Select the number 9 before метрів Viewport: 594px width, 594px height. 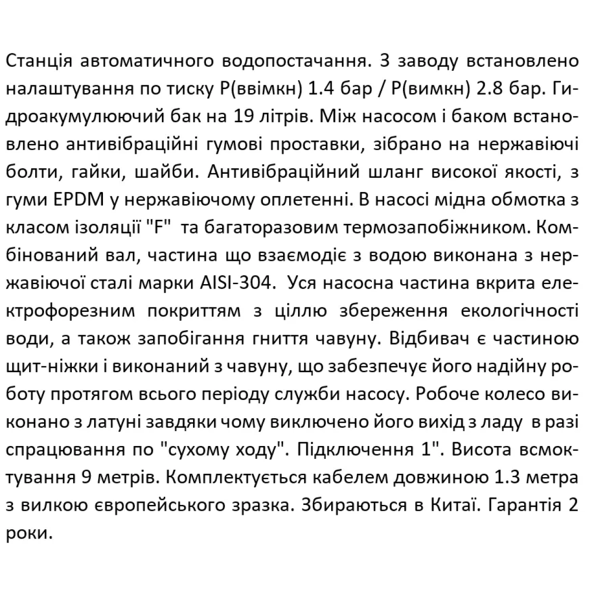(x=85, y=477)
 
